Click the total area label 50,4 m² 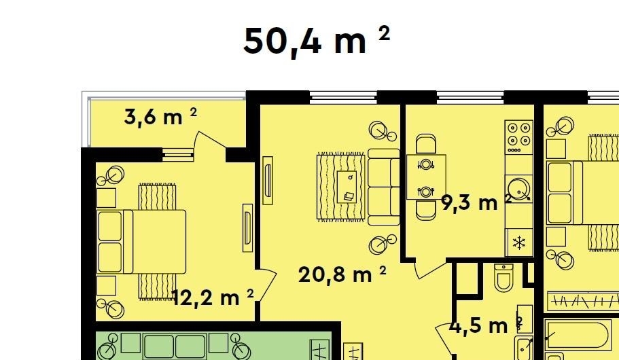(x=317, y=41)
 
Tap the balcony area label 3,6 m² (x=160, y=116)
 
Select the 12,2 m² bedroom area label (x=213, y=298)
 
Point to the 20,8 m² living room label (x=342, y=274)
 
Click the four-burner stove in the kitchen (x=518, y=137)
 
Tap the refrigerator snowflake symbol (x=518, y=242)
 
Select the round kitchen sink (x=518, y=189)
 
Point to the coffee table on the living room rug (x=347, y=187)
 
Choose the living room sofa (x=384, y=187)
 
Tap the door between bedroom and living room (x=265, y=285)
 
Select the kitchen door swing (x=430, y=268)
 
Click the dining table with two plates (x=426, y=177)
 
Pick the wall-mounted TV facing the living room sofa (x=268, y=181)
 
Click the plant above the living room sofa (x=382, y=131)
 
